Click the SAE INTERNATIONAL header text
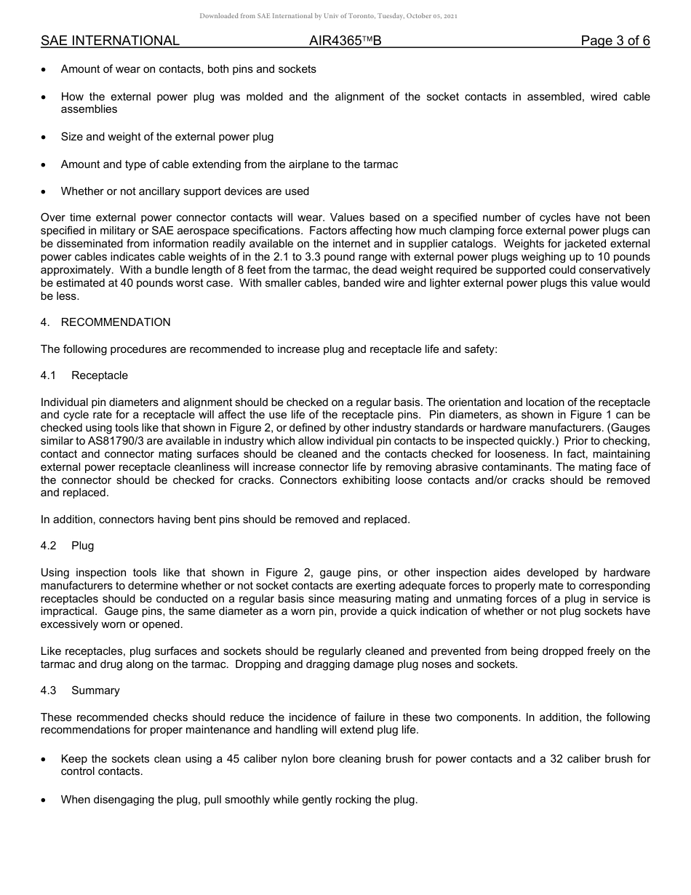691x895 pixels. tap(110, 41)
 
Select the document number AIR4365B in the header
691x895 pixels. tap(345, 41)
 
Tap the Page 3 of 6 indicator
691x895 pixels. tap(615, 41)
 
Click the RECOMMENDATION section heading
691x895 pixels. tap(116, 322)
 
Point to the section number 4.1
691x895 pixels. tap(49, 375)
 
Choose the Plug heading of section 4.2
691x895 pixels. tap(83, 546)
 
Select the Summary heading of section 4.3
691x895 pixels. tap(95, 691)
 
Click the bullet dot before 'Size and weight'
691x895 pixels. tap(44, 137)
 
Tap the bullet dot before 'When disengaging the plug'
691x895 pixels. tap(44, 800)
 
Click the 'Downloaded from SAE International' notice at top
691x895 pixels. tap(328, 16)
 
